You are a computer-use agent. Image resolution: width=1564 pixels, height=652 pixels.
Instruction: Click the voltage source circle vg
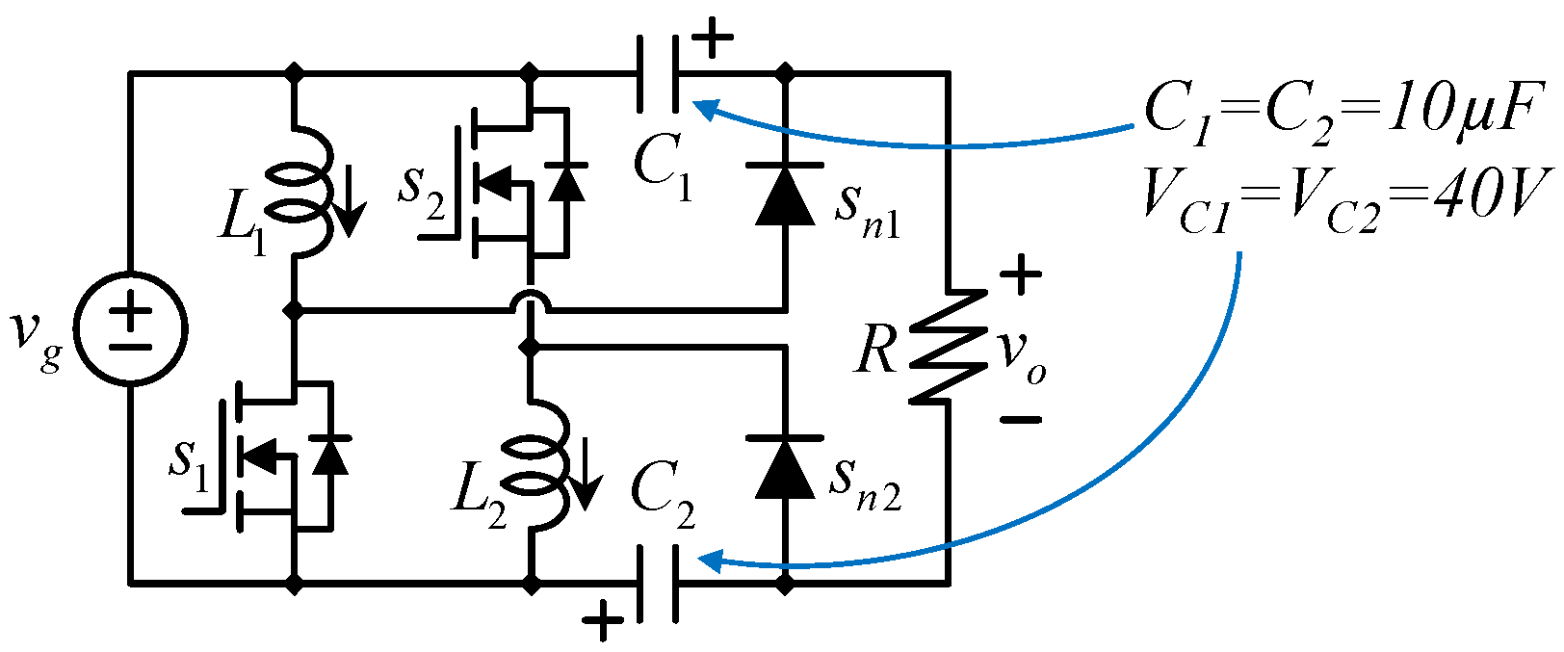131,327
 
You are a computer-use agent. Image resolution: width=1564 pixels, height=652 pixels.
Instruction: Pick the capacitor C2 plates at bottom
658,583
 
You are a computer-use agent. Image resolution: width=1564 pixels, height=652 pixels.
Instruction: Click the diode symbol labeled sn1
785,194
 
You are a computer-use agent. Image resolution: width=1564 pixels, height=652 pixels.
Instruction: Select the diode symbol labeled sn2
785,467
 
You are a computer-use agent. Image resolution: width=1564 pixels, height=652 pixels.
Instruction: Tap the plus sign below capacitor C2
603,621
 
